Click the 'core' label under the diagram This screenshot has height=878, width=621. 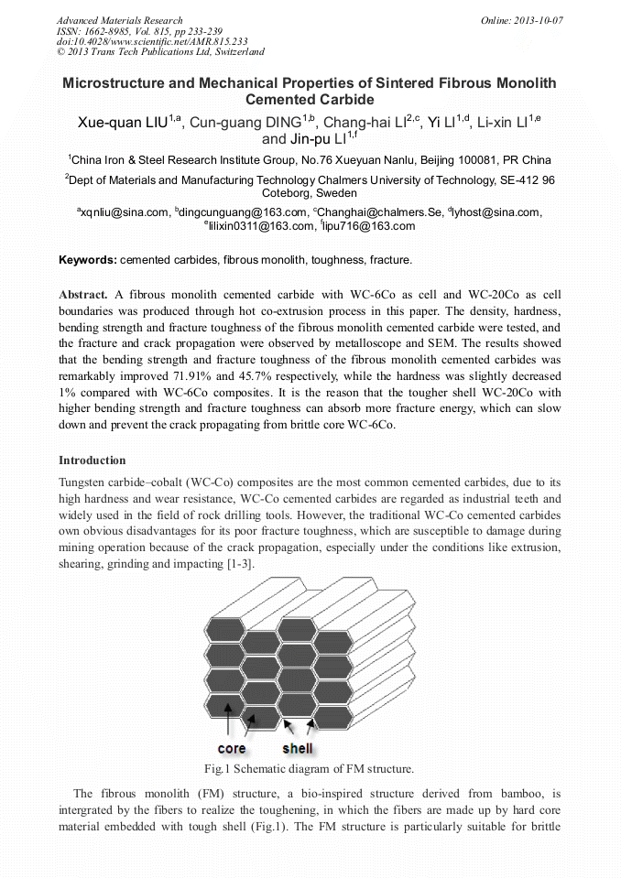232,748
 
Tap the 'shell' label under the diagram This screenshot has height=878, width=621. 298,748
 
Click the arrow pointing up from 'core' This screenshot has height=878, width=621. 227,723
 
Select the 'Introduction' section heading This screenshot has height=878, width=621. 93,460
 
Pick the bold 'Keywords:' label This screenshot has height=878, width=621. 88,260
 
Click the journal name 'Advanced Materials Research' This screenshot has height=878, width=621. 119,20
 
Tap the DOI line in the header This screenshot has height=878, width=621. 152,41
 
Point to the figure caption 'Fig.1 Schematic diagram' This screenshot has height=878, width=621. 310,769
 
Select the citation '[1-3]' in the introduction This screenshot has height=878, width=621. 240,564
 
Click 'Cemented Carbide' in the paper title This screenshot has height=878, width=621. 310,99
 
